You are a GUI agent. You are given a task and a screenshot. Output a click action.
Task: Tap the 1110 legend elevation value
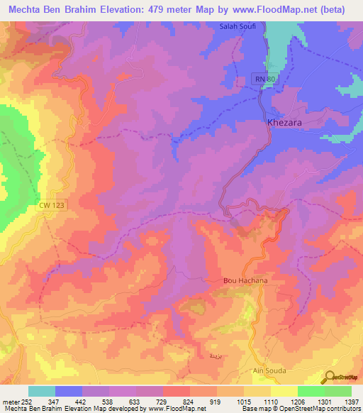269,402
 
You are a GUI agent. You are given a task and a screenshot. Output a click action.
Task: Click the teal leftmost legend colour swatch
42,391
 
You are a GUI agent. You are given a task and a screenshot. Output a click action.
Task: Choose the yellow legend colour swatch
284,391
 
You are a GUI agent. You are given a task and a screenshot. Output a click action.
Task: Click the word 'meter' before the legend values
11,402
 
